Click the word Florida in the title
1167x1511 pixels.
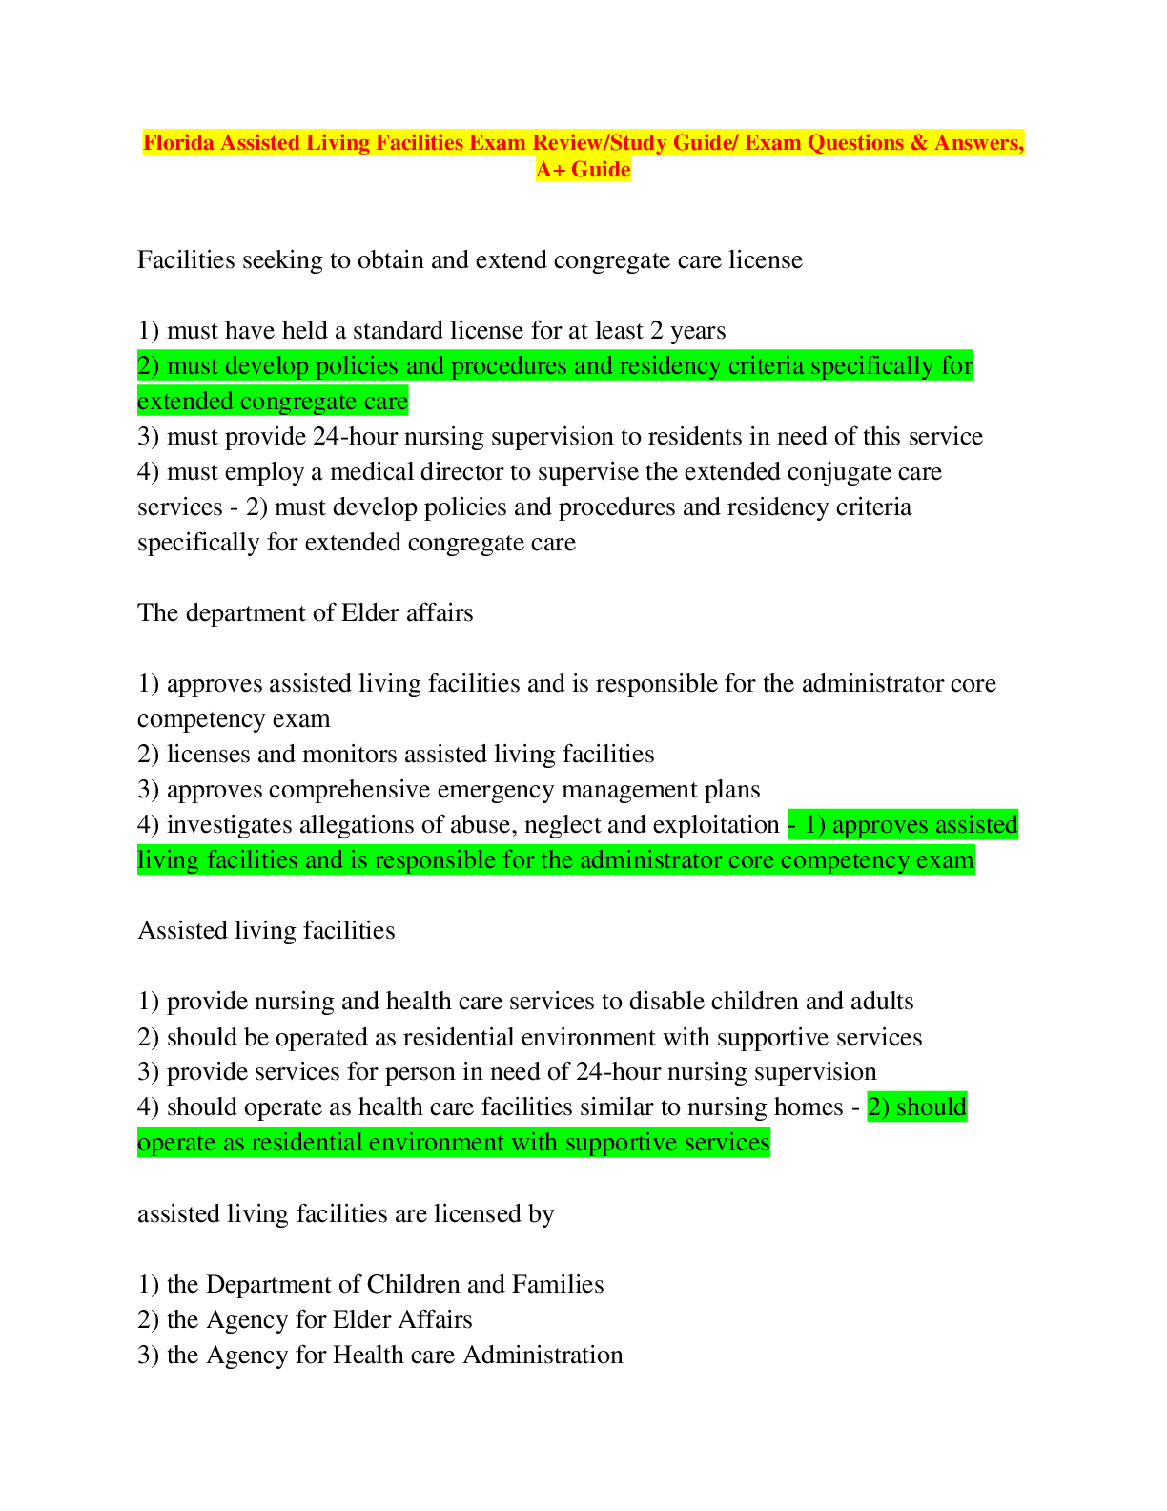click(x=178, y=142)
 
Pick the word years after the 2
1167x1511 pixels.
click(x=698, y=331)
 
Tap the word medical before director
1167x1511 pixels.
click(x=371, y=472)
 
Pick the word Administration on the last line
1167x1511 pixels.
click(x=543, y=1355)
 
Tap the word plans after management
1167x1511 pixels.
click(x=732, y=791)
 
